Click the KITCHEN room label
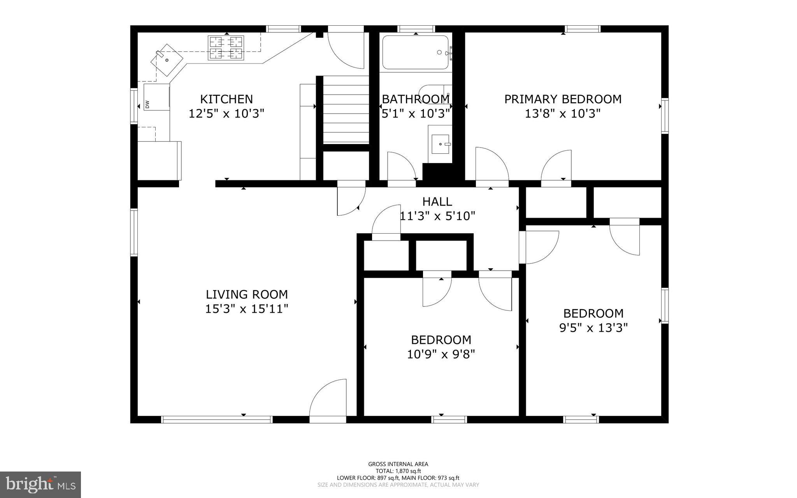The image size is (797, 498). pos(226,99)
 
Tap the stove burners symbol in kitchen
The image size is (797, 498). pos(226,48)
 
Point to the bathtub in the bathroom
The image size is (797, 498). pos(415,52)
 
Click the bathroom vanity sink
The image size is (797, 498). pos(441,144)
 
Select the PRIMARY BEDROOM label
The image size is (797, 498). pos(563,99)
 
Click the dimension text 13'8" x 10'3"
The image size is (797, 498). pos(563,114)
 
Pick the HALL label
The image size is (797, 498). pos(437,202)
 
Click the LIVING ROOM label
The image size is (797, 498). pos(247,294)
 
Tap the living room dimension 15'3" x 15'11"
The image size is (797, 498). pos(247,309)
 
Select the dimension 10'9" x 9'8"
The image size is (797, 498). pos(441,355)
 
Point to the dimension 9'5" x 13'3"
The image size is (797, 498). pos(593,328)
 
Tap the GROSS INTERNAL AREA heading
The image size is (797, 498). pos(398,464)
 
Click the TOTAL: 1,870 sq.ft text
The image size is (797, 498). pos(398,471)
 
